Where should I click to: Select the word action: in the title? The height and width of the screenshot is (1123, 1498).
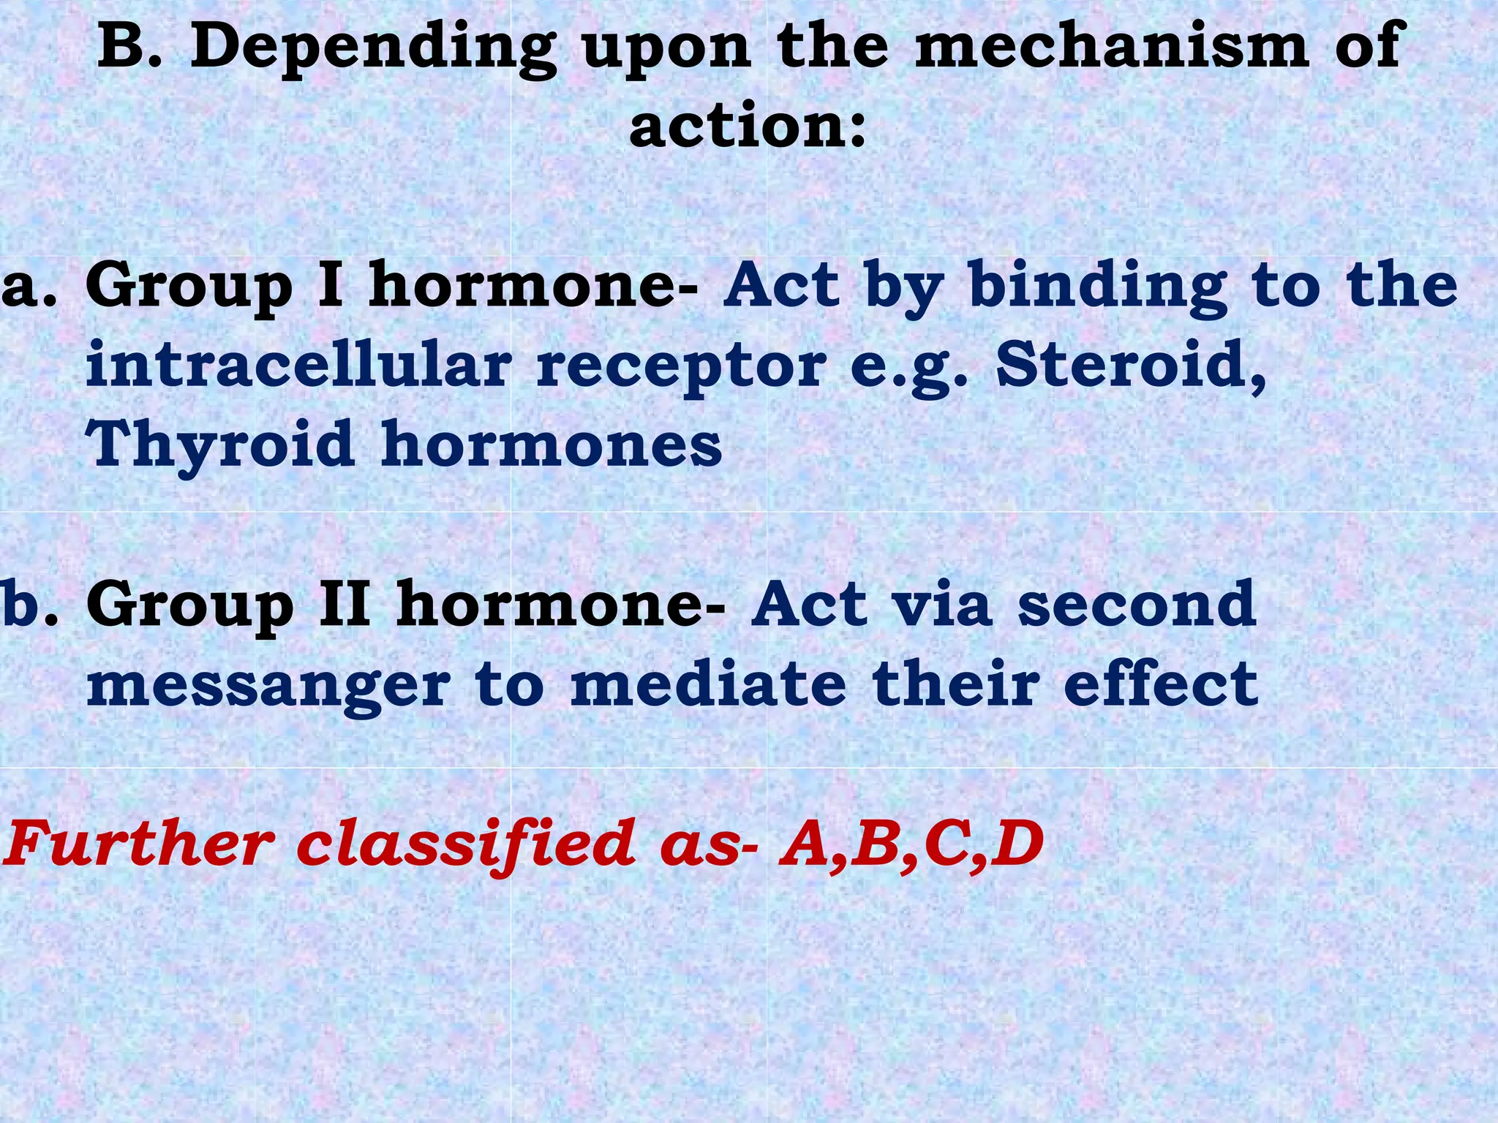coord(748,126)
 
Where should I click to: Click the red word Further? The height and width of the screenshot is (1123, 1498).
coord(136,844)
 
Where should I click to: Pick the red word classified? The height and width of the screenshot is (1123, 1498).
coord(465,844)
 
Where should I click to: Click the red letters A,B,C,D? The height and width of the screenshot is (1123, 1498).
coord(911,845)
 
